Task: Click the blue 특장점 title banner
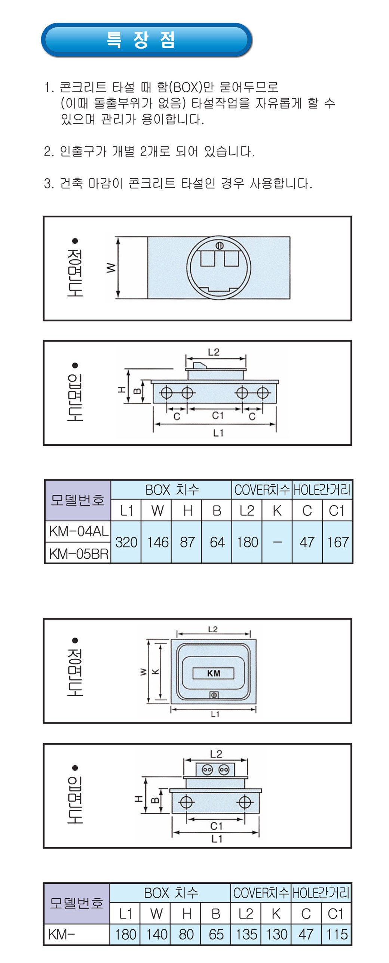pos(146,40)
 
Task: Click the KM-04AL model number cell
pos(78,531)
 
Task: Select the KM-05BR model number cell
pos(78,553)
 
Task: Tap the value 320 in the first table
pos(126,542)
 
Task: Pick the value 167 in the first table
pos(337,542)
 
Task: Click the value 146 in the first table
pos(157,542)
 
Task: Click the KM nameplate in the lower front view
pos(213,673)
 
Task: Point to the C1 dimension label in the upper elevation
pos(217,415)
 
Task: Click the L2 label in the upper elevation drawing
pos(214,352)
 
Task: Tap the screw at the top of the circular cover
pos(220,246)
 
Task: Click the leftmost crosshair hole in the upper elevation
pos(166,393)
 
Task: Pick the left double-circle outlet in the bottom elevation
pos(207,770)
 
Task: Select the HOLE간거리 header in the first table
pos(322,490)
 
